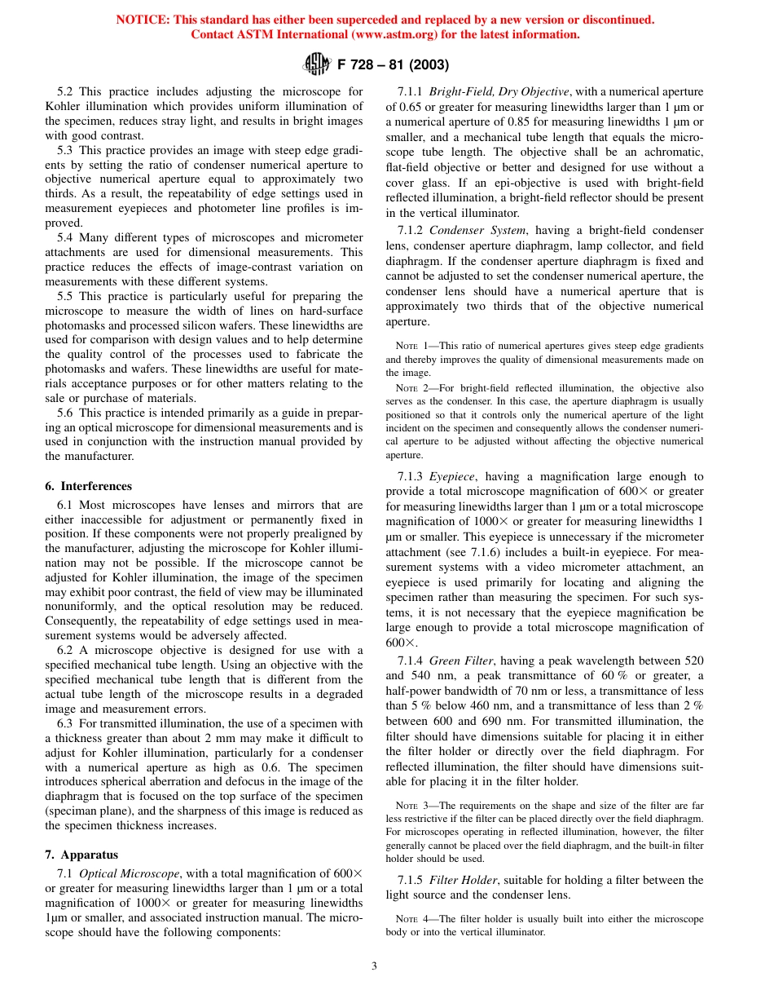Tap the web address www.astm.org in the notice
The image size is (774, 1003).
point(408,34)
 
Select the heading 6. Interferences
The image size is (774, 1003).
point(88,486)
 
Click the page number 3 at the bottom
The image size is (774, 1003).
point(374,966)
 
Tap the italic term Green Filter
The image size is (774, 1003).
point(461,661)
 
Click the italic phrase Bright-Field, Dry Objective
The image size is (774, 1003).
point(499,92)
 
